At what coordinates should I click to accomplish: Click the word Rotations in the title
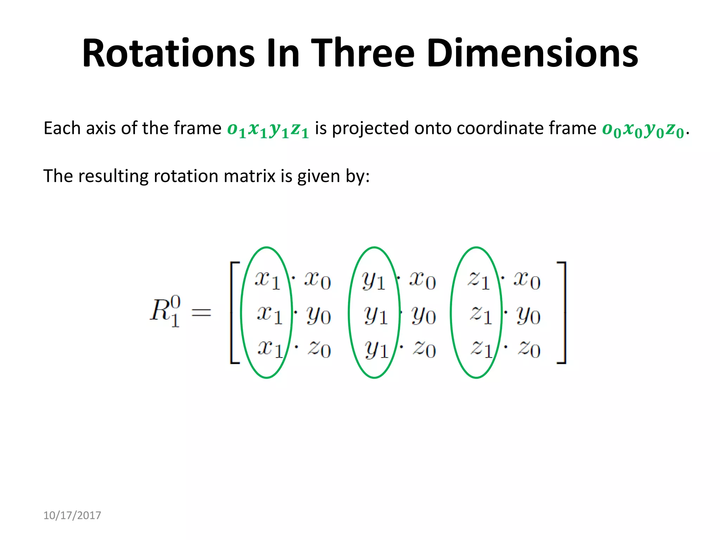(x=168, y=53)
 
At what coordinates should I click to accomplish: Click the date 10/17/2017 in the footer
(x=72, y=515)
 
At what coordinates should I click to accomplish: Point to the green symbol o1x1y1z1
(x=268, y=129)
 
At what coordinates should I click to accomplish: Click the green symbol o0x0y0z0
(x=643, y=129)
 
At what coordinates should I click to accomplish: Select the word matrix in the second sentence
(x=249, y=176)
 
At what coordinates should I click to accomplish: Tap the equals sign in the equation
(x=201, y=312)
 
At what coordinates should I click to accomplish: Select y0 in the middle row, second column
(x=424, y=315)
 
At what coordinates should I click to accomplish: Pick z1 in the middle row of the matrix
(x=481, y=314)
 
